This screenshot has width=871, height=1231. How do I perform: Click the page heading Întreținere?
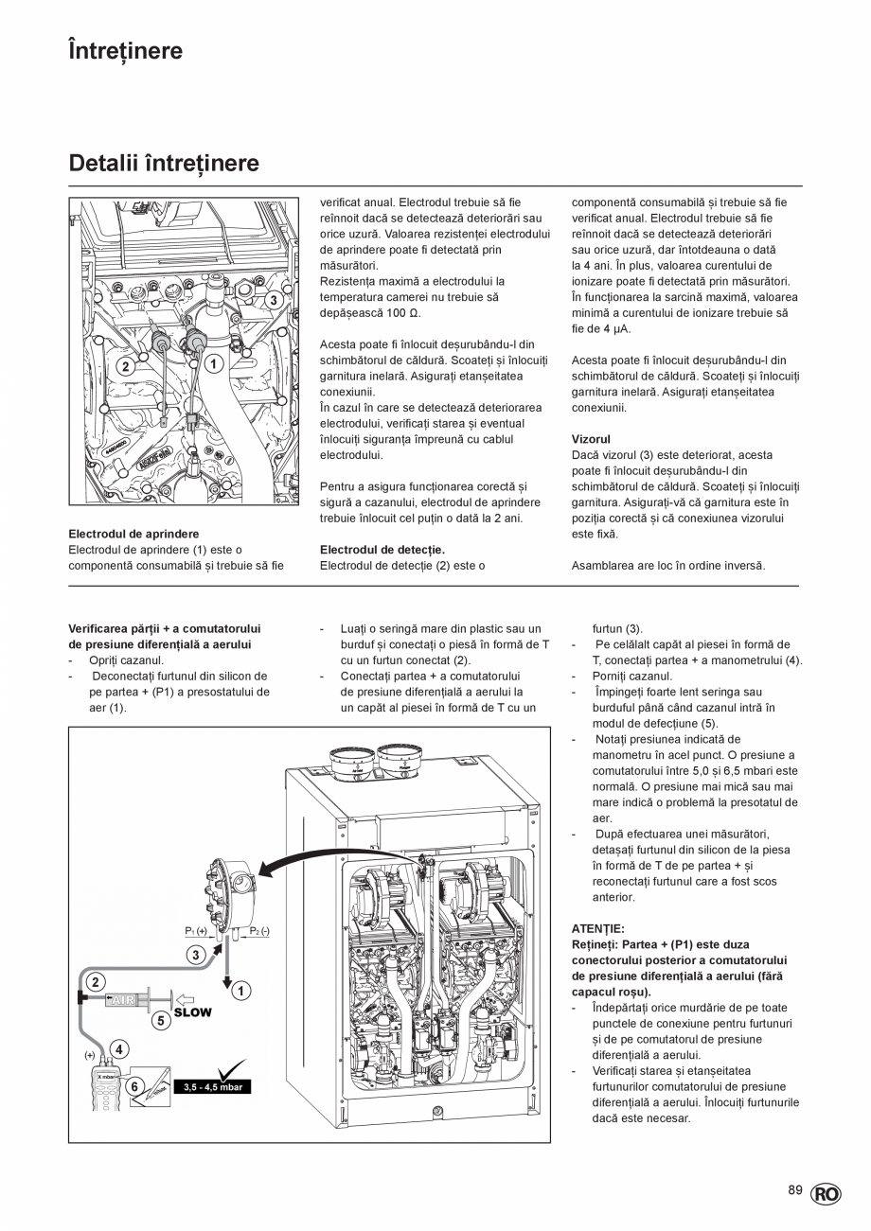125,51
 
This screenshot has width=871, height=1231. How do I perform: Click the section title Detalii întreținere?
164,164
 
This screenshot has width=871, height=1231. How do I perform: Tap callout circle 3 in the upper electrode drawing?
273,300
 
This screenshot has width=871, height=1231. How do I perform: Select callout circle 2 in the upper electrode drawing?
124,366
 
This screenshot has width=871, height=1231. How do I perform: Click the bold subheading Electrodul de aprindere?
133,534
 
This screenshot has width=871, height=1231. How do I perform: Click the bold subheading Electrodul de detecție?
382,550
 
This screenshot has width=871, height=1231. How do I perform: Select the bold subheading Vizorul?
591,439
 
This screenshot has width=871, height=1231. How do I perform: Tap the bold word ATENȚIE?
598,928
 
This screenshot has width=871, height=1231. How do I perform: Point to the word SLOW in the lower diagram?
192,1011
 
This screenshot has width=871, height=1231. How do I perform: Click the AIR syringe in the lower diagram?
133,999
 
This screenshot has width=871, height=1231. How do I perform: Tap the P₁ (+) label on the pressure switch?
196,931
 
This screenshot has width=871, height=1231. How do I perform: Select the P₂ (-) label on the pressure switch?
259,931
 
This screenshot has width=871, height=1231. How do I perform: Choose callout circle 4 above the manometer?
118,1048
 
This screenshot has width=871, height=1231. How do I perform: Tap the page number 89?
795,1189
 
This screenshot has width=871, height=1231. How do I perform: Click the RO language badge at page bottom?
825,1194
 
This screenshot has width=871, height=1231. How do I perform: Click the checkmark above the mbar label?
230,1069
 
